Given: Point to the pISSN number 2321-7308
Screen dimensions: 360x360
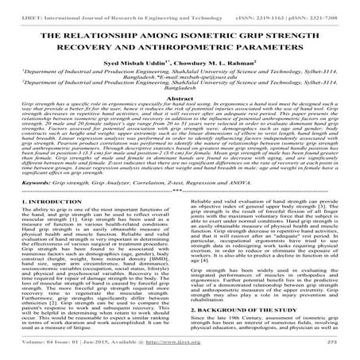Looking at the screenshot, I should click(333, 6).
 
